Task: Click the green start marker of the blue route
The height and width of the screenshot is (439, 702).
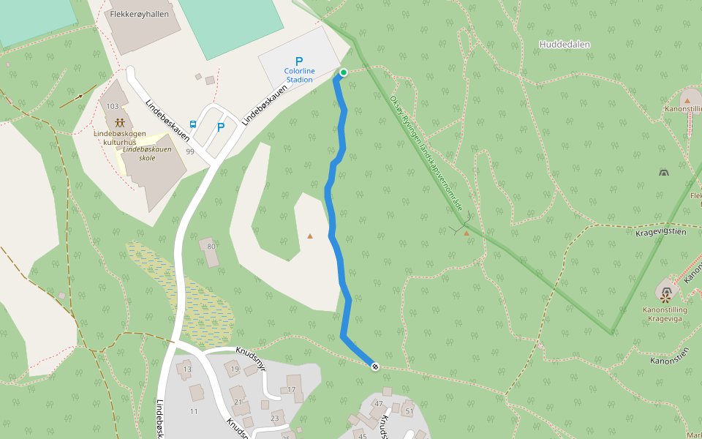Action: tap(343, 72)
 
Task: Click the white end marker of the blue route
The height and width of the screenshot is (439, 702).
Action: tap(375, 366)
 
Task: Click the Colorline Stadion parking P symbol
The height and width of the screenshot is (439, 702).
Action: tap(298, 61)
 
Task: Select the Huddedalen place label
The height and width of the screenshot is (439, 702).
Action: tap(565, 45)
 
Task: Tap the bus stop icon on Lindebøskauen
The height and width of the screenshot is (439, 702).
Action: tap(193, 124)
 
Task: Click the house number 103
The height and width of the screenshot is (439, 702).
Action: tap(112, 106)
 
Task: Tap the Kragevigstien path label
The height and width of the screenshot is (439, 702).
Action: tap(660, 232)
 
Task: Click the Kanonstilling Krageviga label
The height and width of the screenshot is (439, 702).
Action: tap(665, 314)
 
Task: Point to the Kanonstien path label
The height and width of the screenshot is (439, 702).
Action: tap(670, 360)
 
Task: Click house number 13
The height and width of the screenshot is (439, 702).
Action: tap(187, 369)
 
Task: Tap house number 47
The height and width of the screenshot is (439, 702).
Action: tap(379, 403)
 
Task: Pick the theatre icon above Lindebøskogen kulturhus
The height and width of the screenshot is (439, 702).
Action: tap(119, 120)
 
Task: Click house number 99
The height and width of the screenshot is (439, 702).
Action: tap(190, 151)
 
